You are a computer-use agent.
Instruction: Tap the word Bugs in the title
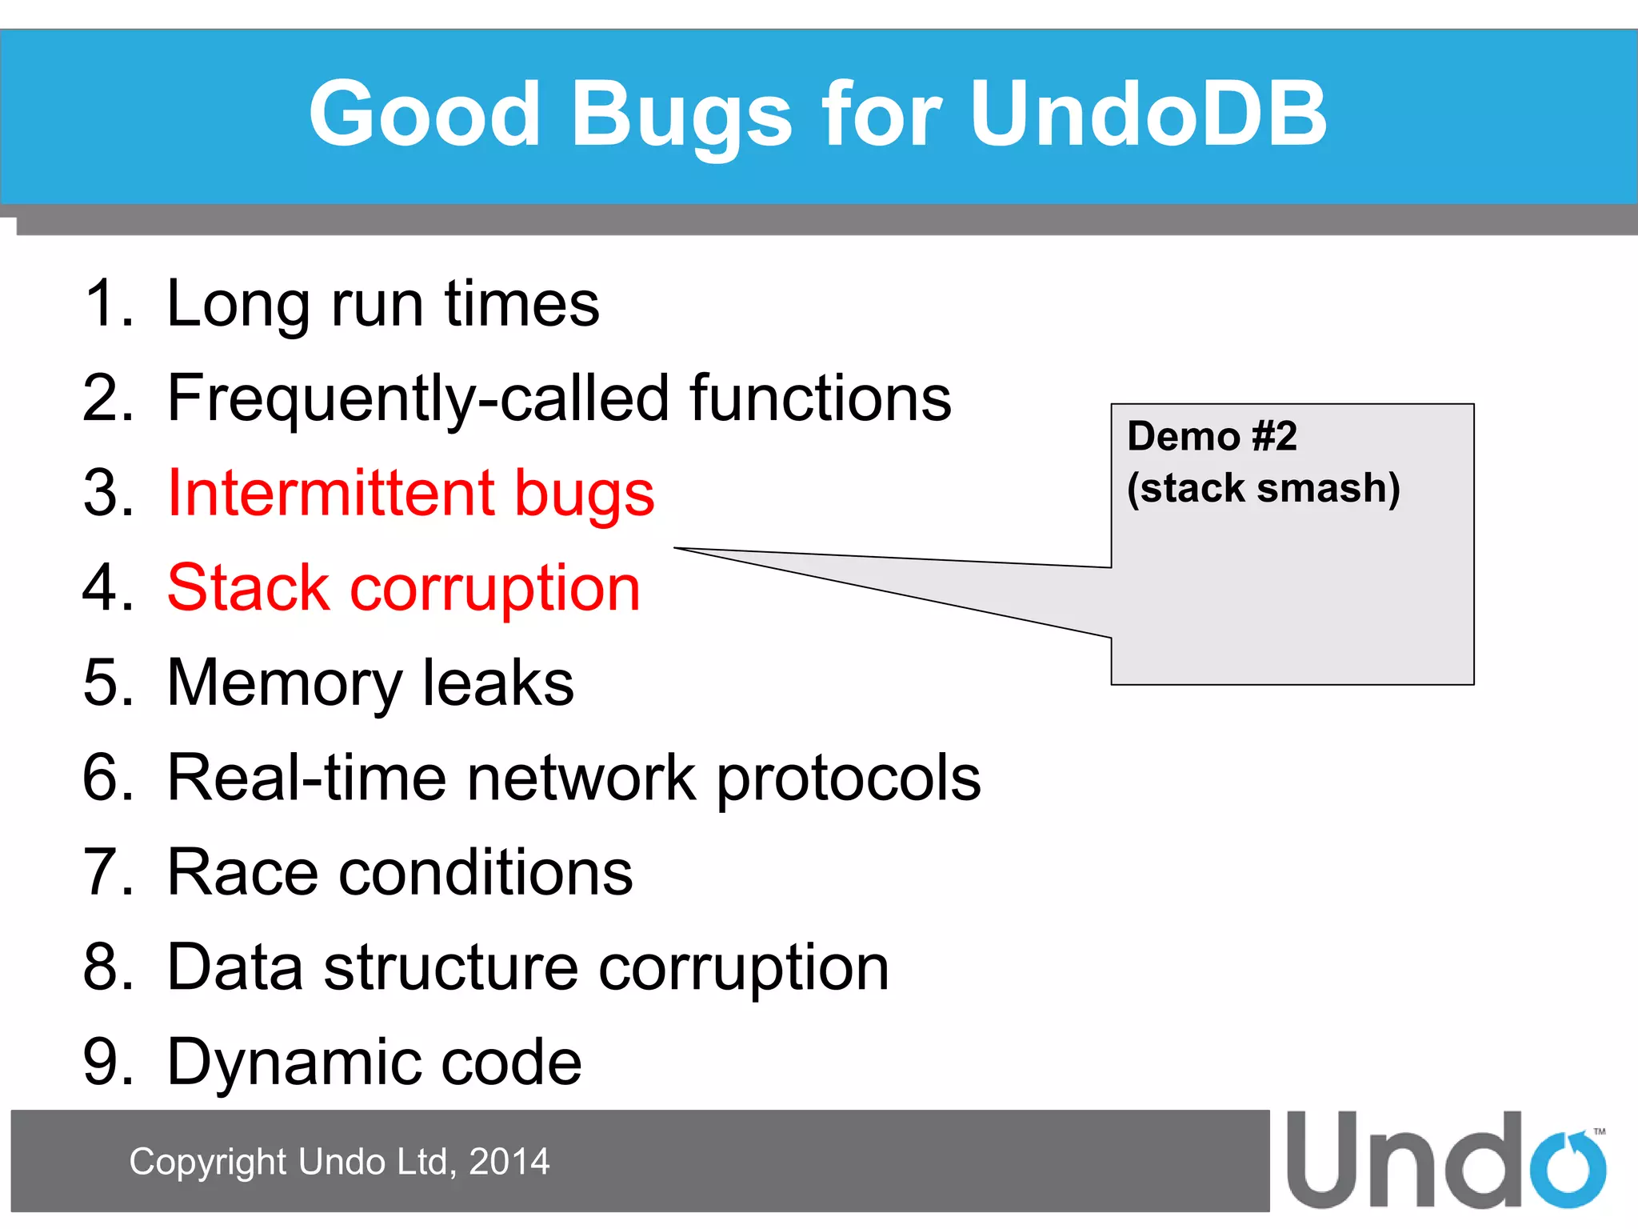pyautogui.click(x=681, y=114)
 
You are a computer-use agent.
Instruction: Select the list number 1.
pyautogui.click(x=106, y=304)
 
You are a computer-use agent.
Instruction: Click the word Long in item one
pyautogui.click(x=238, y=304)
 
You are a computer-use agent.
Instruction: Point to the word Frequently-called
pyautogui.click(x=417, y=398)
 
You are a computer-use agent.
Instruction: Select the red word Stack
pyautogui.click(x=248, y=588)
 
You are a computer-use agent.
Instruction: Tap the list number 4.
pyautogui.click(x=107, y=588)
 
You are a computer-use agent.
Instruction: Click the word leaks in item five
pyautogui.click(x=497, y=683)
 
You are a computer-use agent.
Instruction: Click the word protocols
pyautogui.click(x=848, y=777)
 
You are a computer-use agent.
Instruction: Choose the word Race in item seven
pyautogui.click(x=242, y=872)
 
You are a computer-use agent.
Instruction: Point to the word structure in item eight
pyautogui.click(x=450, y=967)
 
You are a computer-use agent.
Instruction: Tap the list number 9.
pyautogui.click(x=107, y=1062)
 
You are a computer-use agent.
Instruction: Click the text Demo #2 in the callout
pyautogui.click(x=1212, y=437)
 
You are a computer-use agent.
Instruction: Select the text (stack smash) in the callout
pyautogui.click(x=1264, y=488)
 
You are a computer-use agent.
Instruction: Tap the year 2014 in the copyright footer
pyautogui.click(x=509, y=1162)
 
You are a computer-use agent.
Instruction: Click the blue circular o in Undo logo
pyautogui.click(x=1568, y=1170)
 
